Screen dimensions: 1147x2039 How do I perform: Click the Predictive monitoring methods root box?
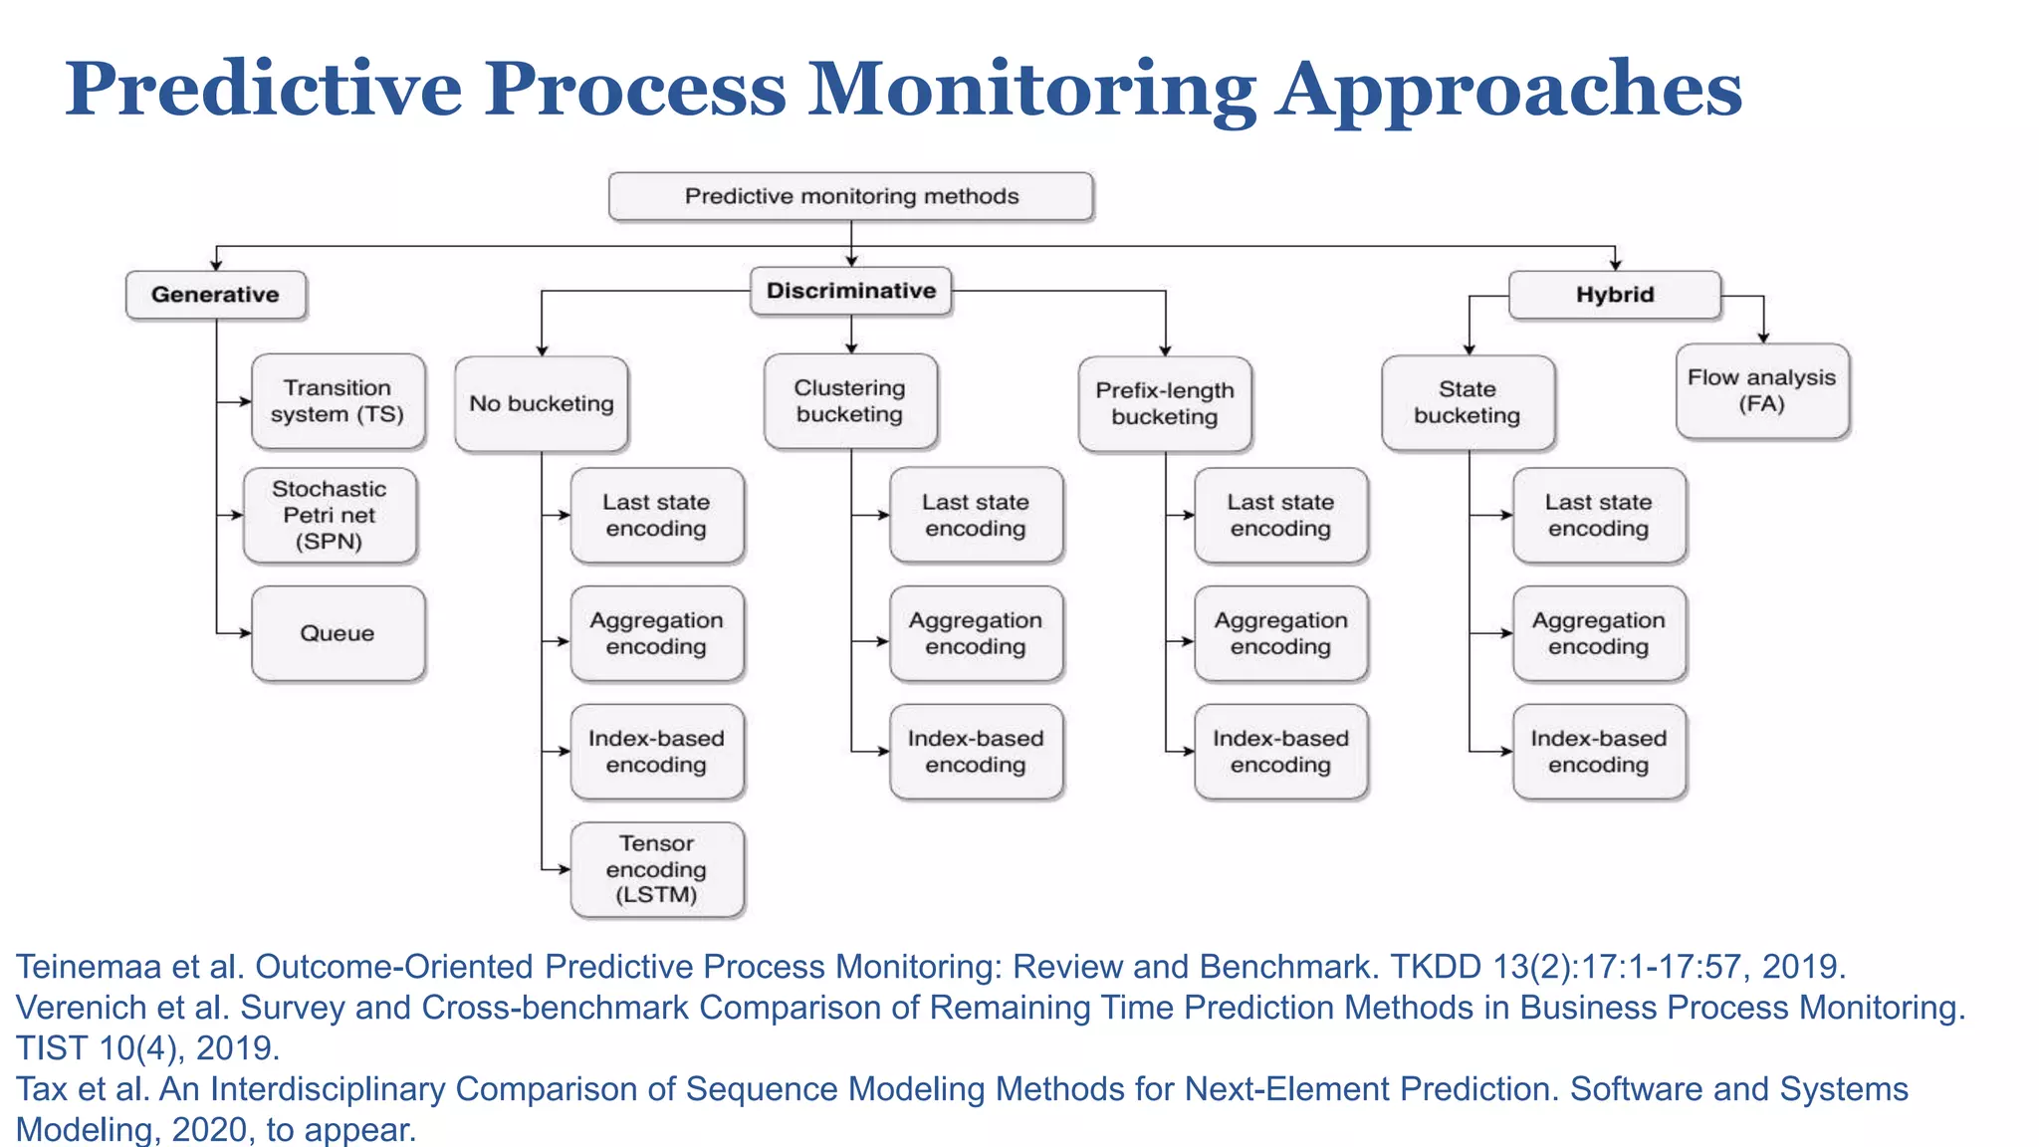pos(851,196)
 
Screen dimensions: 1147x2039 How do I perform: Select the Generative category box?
pos(215,295)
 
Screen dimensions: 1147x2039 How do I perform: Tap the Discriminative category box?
pos(851,291)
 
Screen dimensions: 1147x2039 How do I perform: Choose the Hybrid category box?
pos(1614,295)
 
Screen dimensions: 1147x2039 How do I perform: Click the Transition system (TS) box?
pos(338,401)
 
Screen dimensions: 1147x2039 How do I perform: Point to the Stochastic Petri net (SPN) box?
pos(330,516)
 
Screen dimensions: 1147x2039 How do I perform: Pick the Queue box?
pos(338,633)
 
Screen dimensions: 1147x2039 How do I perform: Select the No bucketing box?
pos(541,403)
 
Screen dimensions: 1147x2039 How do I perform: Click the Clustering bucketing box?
pos(849,401)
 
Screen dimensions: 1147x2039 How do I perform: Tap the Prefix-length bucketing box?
pos(1165,403)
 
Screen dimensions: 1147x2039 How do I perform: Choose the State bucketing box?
pos(1468,402)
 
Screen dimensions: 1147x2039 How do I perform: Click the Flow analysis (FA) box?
pos(1761,390)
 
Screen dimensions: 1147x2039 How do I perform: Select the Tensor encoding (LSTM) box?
pos(656,869)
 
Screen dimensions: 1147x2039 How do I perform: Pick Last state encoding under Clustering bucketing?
pos(975,516)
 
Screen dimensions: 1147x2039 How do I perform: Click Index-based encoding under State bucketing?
pos(1598,752)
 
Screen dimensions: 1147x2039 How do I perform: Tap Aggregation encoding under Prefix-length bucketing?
pos(1280,633)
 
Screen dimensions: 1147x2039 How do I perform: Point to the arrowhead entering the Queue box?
pos(245,633)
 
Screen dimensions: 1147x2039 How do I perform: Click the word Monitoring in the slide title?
pos(1031,90)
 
